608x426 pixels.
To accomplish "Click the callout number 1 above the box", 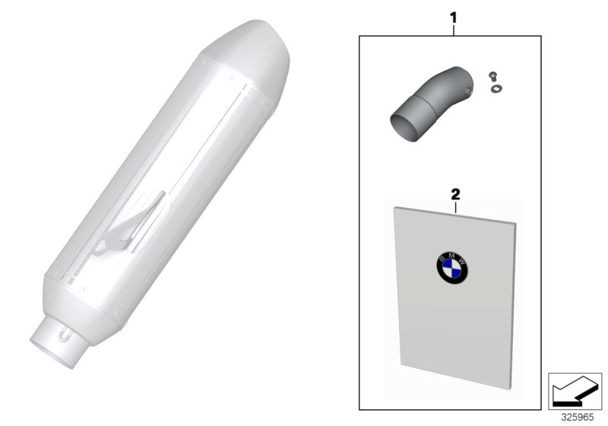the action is [453, 17].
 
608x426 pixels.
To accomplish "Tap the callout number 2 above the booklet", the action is [455, 195].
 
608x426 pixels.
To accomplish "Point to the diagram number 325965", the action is [578, 418].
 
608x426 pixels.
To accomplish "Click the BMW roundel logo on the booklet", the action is [452, 267].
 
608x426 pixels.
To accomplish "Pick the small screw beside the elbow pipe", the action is [493, 75].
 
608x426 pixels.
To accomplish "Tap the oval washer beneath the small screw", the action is [496, 89].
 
